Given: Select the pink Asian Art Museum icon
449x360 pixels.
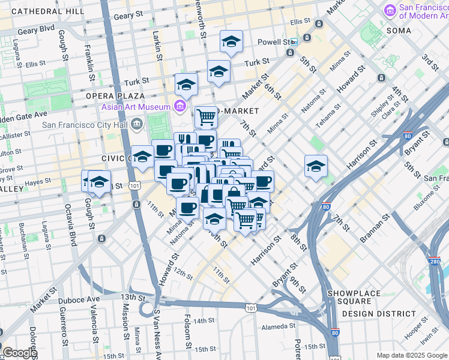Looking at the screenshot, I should point(178,107).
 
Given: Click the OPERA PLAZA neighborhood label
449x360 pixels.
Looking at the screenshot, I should point(115,96).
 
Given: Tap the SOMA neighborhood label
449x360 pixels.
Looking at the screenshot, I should point(399,31).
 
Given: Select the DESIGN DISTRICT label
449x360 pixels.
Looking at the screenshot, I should point(379,313).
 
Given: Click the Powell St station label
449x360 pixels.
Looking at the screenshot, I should point(274,42).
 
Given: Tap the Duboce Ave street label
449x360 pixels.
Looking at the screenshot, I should point(79,299).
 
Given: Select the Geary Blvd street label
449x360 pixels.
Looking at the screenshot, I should point(36,29).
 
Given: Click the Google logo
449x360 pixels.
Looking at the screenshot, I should point(20,353).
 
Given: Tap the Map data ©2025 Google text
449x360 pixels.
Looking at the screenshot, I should point(411,355).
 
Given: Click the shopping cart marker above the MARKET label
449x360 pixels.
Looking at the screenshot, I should point(206,116).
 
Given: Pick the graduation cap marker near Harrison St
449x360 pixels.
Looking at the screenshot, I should point(316,167).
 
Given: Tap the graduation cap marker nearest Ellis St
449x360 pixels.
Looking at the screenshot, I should point(231,41).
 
